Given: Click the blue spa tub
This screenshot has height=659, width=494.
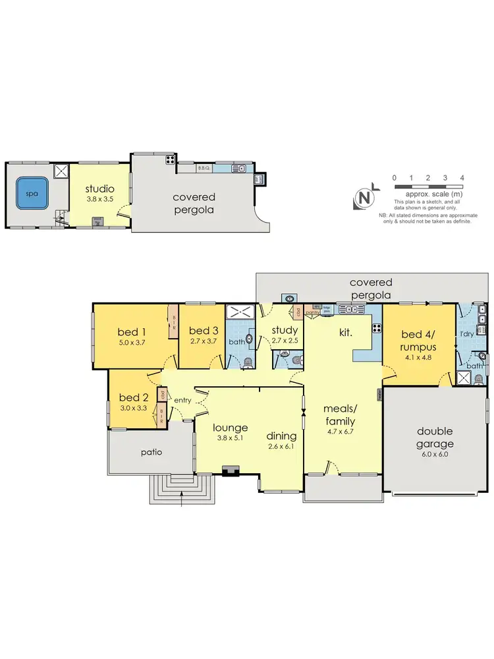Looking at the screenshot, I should pos(32,194).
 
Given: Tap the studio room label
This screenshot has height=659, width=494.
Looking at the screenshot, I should pos(100,189).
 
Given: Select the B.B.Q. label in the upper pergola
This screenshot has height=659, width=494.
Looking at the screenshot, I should pos(204,168).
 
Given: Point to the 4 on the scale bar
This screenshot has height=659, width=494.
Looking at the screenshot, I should pos(462,178).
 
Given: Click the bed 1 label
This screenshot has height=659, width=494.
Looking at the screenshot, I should pos(131,331).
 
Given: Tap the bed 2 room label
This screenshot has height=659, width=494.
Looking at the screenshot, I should pos(133,397).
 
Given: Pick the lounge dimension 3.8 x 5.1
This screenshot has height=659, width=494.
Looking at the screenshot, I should pos(231,440).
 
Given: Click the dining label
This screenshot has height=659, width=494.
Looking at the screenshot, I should pos(281,436).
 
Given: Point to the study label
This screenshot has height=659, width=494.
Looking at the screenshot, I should pos(285,330).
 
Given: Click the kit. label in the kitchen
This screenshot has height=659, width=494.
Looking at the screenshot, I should pos(346,333).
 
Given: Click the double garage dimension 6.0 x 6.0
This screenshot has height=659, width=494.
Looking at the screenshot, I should pos(435,445).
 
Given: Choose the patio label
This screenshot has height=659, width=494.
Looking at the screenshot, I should pos(151,453).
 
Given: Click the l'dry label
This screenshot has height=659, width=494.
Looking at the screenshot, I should pos(466,333).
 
